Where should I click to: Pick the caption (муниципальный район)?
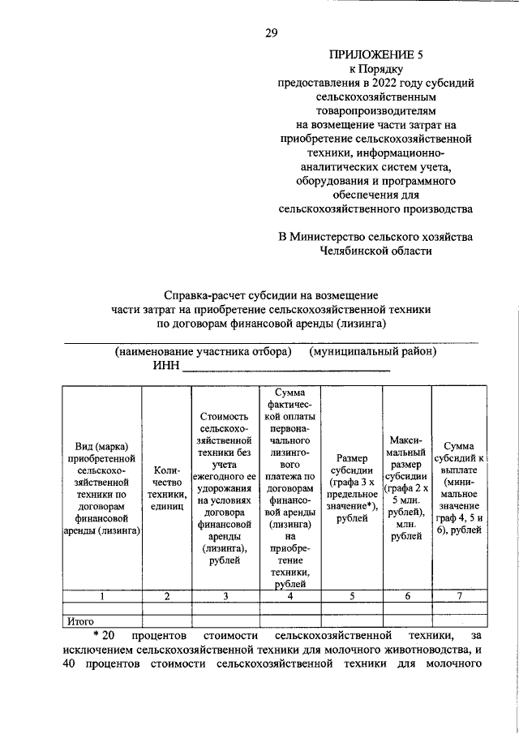(x=373, y=352)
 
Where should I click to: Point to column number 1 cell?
(x=102, y=596)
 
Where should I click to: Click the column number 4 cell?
(x=290, y=596)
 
